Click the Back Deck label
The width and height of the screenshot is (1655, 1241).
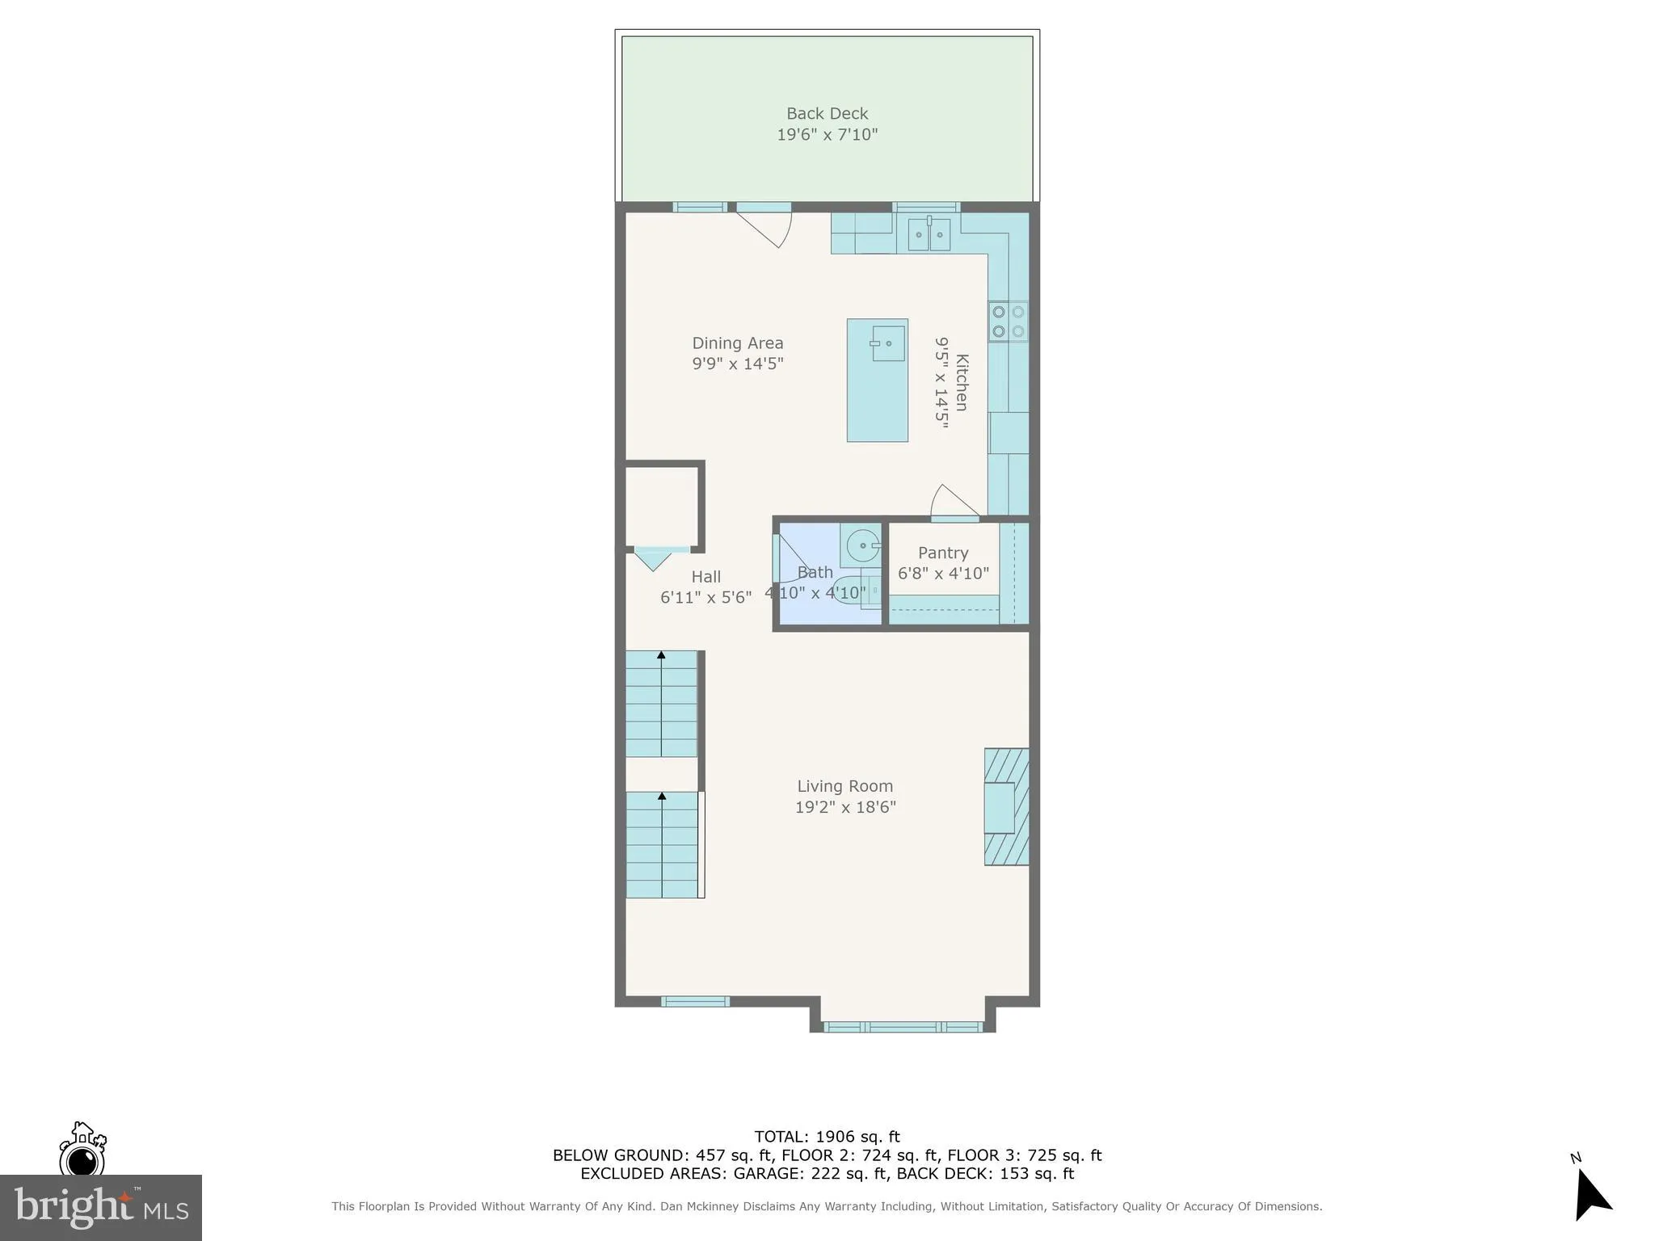[x=827, y=114]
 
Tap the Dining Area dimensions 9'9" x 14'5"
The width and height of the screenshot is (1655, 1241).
[x=737, y=364]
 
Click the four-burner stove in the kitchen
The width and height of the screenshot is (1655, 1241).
[x=1008, y=321]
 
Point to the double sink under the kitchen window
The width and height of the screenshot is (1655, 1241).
[x=929, y=234]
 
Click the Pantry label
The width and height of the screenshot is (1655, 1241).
[x=942, y=553]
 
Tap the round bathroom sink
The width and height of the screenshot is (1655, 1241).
[x=862, y=545]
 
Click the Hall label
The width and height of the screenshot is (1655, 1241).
[x=705, y=577]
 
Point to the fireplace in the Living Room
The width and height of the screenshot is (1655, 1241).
[x=1005, y=806]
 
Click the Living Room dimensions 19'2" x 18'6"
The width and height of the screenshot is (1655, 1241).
[x=845, y=807]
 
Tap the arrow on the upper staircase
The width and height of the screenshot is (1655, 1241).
[x=661, y=655]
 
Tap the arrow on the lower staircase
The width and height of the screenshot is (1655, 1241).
[x=662, y=797]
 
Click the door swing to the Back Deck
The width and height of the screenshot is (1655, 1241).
[x=768, y=226]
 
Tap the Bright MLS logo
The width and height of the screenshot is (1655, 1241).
[x=101, y=1207]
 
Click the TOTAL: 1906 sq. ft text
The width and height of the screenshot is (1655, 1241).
[x=827, y=1137]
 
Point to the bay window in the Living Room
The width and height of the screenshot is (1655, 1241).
[x=903, y=1027]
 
